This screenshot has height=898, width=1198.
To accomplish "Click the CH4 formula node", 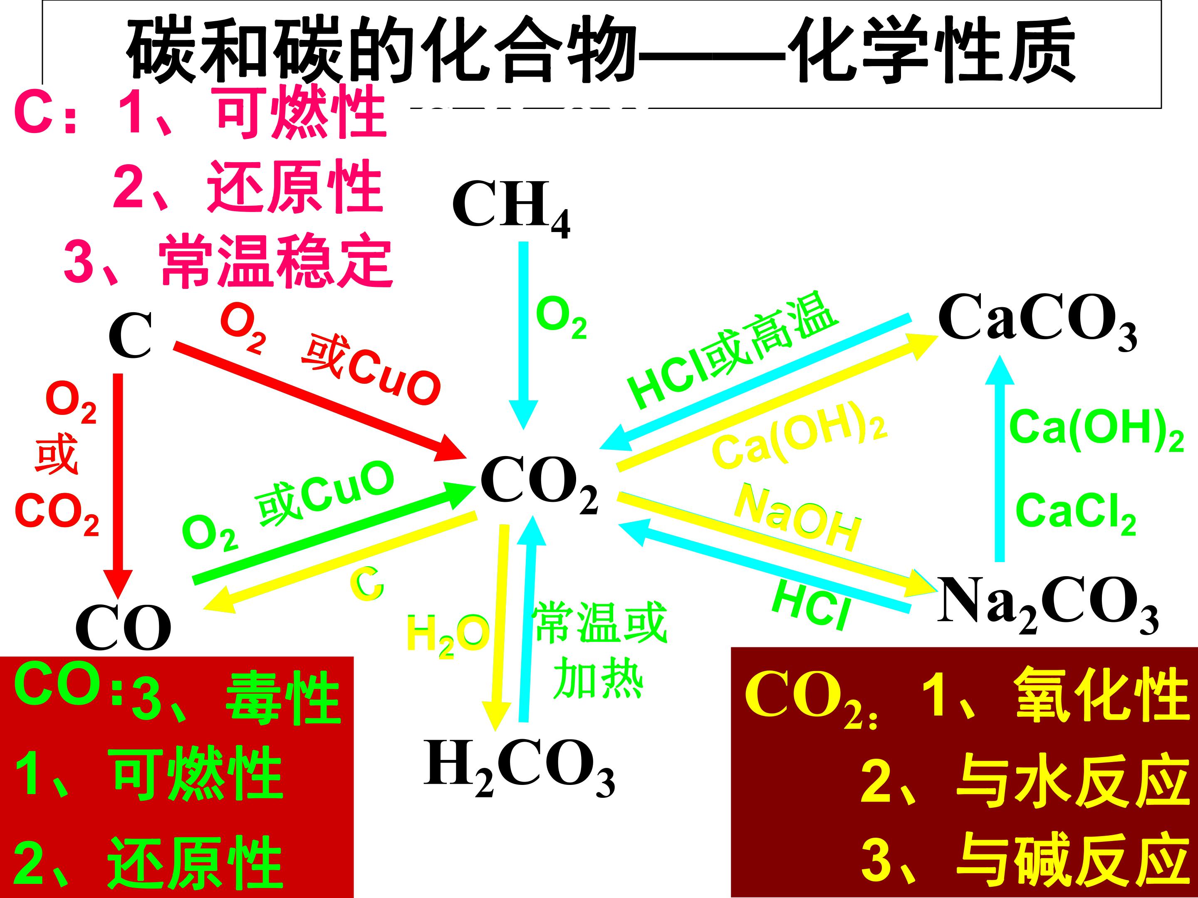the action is tap(511, 208).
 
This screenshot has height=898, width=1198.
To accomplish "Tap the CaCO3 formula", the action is tap(1037, 322).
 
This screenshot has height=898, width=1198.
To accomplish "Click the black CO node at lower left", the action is tap(124, 628).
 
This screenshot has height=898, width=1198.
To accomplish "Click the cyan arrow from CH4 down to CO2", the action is tap(523, 336).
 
